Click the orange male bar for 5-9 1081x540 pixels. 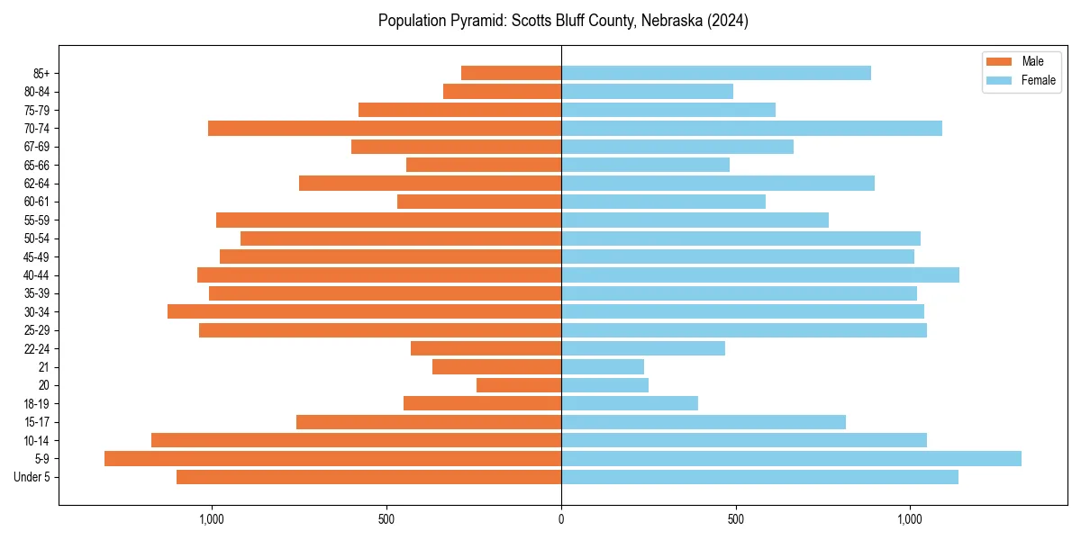(x=332, y=459)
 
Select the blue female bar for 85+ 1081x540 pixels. (x=715, y=73)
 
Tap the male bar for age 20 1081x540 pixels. (x=519, y=385)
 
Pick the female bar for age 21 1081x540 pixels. (x=603, y=367)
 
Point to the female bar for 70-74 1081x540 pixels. (x=751, y=129)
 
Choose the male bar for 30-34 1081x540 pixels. (x=364, y=311)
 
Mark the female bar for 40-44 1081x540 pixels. (x=759, y=275)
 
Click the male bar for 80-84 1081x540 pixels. (x=502, y=92)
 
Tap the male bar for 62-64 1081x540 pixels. (x=430, y=184)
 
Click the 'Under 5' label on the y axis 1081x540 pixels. (x=32, y=477)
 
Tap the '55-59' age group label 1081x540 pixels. (x=37, y=220)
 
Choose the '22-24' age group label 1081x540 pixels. (x=37, y=349)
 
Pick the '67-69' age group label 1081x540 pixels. (x=37, y=147)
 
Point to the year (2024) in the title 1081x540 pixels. (x=728, y=21)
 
